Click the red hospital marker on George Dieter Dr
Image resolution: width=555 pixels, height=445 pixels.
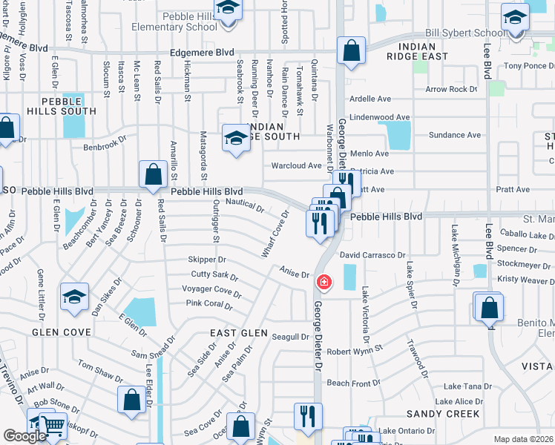point(324,282)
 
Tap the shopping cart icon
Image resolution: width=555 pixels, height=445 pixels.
point(53,425)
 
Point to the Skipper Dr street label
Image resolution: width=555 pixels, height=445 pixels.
point(207,260)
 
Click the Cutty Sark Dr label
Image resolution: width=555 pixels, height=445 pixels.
point(214,277)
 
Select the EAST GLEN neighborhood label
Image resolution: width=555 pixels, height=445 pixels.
point(238,333)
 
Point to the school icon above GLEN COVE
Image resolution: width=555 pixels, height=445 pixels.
point(75,297)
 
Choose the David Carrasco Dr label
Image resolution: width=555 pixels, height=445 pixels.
point(372,255)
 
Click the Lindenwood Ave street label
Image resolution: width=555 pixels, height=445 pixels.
point(380,117)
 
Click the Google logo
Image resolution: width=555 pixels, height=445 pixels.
point(24,436)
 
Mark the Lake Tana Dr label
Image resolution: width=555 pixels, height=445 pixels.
point(467,386)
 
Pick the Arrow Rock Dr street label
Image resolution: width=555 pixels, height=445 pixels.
point(451,89)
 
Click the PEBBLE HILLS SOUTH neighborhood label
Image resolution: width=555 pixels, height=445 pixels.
point(69,106)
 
